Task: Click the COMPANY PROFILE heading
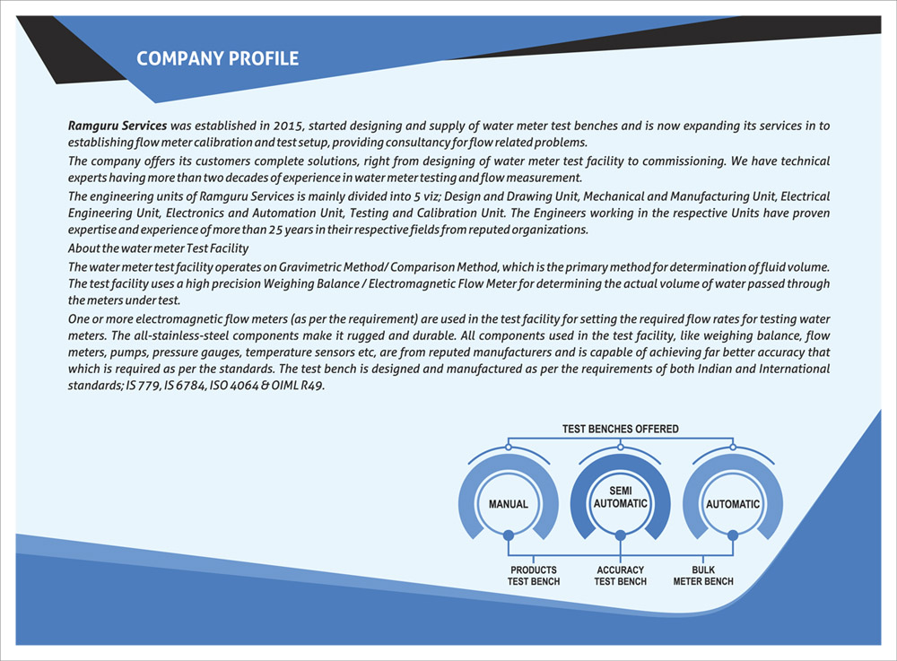(x=217, y=59)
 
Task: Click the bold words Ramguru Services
(x=118, y=126)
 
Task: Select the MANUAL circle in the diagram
(x=509, y=504)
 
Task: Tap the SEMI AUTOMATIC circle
(x=621, y=497)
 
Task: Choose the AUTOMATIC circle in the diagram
(x=733, y=504)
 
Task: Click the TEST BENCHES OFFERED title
(x=621, y=429)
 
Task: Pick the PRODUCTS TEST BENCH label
(x=534, y=576)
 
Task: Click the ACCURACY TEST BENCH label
(x=621, y=576)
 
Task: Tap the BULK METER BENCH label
(x=703, y=576)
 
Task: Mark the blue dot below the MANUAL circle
(x=509, y=535)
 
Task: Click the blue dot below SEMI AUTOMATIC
(x=621, y=535)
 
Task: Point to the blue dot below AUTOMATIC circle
(x=733, y=535)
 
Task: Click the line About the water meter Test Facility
(x=158, y=248)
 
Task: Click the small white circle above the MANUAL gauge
(x=509, y=446)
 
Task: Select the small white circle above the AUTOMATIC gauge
(x=733, y=446)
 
